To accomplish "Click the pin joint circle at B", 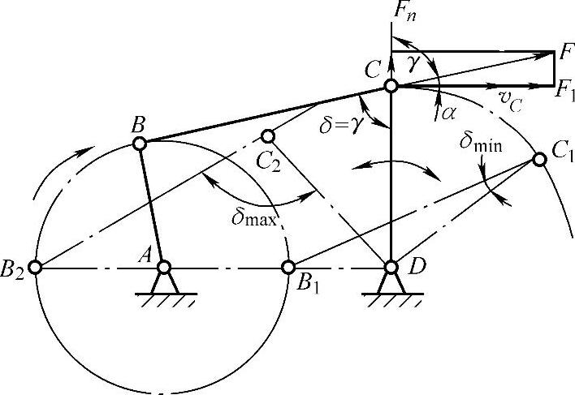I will [139, 144].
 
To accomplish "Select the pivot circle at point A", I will [164, 266].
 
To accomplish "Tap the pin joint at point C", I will [391, 85].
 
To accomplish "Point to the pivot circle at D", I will [391, 266].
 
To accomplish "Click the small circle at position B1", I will [287, 266].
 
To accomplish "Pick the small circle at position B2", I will [34, 266].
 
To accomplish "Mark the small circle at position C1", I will [538, 159].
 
